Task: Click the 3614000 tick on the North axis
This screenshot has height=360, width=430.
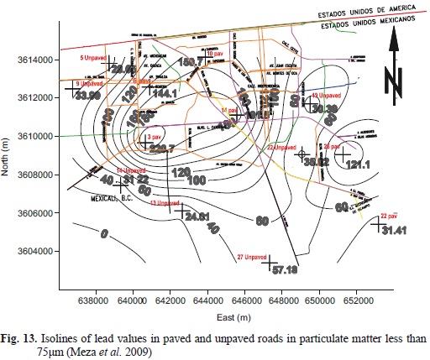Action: [x=35, y=60]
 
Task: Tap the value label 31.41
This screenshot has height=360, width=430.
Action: [x=392, y=231]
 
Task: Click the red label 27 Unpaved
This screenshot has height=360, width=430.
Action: [x=254, y=256]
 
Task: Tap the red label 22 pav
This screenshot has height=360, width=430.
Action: [x=389, y=215]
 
